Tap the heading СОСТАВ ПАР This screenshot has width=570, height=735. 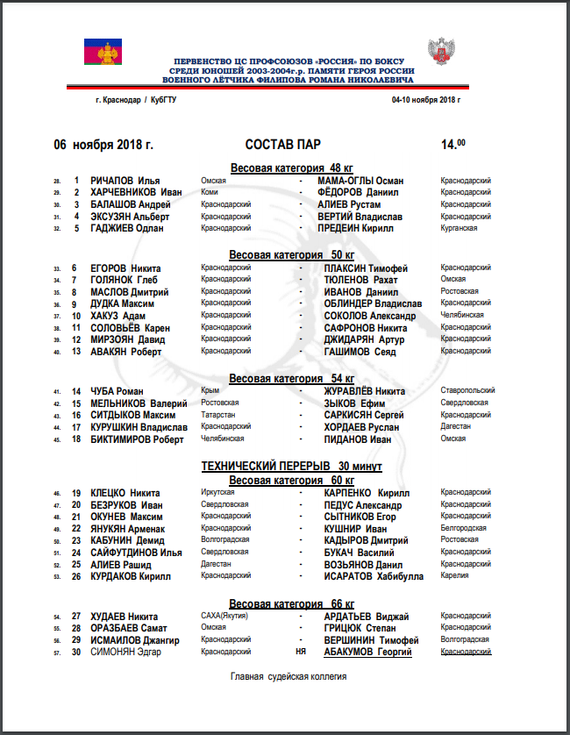pos(283,145)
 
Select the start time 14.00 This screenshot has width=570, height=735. pos(453,144)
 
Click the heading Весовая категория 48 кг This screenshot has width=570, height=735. pos(292,167)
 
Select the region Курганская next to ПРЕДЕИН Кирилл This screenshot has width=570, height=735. pos(459,228)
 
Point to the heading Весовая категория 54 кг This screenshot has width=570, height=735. pos(292,378)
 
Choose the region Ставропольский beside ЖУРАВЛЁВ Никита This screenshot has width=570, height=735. pos(467,390)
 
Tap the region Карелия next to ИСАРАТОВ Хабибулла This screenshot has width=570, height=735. pos(454,576)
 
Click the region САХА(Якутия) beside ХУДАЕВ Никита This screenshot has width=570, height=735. pos(224,617)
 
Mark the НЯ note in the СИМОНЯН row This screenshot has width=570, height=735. pos(303,652)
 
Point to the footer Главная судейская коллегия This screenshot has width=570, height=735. pos(289,676)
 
